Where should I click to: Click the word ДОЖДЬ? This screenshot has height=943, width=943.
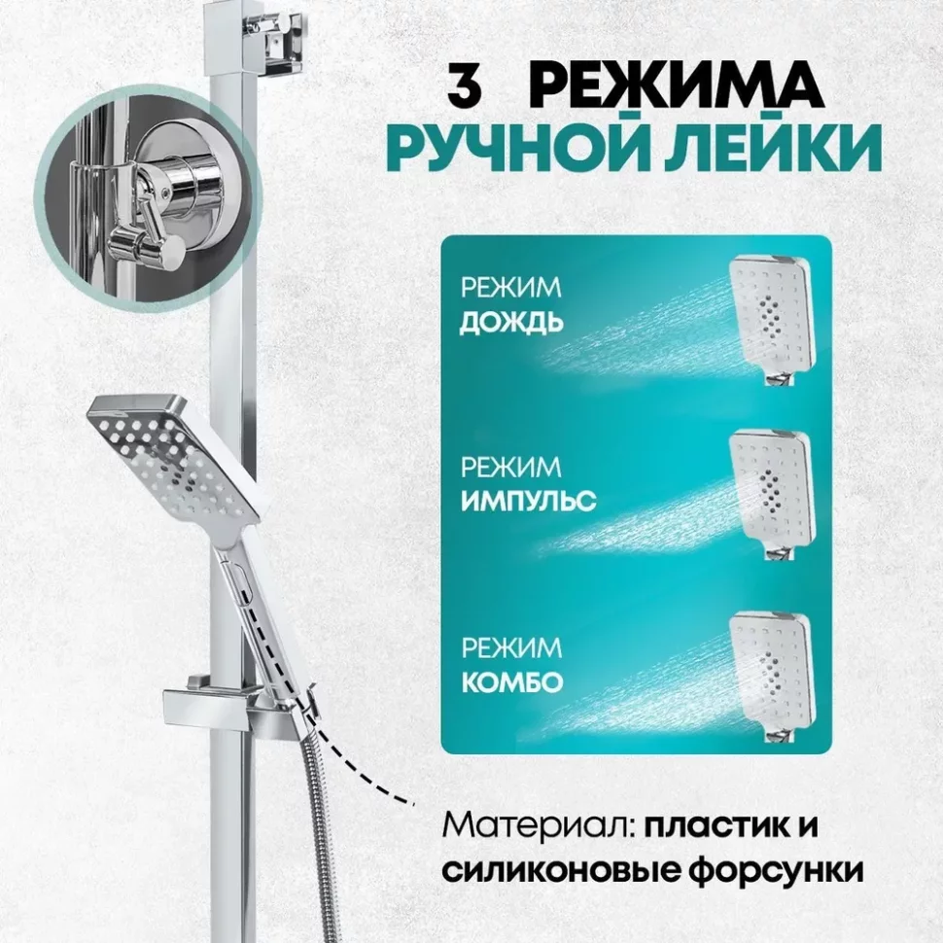point(511,323)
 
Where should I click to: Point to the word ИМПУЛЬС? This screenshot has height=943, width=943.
point(528,501)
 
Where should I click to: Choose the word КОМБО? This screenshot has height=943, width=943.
point(511,682)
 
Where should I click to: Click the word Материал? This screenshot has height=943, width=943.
point(539,825)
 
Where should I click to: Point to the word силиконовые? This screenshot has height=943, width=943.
point(562,870)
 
